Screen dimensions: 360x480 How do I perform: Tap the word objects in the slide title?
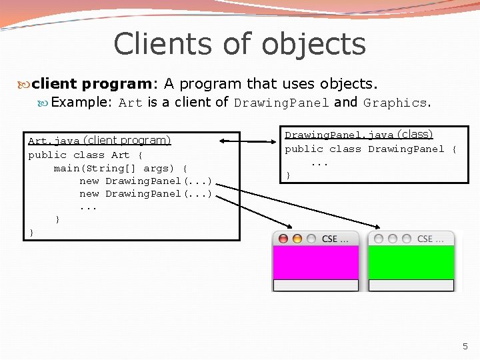[313, 44]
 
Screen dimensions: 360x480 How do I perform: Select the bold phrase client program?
[92, 84]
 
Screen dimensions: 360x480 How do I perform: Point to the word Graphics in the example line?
[395, 103]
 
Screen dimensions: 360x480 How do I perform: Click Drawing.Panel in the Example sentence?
[281, 103]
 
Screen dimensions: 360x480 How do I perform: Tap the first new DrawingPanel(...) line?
[145, 181]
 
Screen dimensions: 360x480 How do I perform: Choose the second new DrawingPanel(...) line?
[145, 193]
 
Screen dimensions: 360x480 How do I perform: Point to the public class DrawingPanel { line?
[371, 149]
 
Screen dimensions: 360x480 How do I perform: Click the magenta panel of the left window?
[315, 262]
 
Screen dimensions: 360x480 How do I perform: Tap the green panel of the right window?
[411, 262]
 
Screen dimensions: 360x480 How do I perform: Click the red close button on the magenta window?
[283, 239]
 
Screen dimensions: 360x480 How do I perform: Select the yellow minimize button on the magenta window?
[297, 239]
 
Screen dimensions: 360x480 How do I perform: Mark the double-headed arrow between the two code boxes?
[248, 141]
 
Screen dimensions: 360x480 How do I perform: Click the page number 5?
[465, 346]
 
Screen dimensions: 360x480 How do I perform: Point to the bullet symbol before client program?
[24, 85]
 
